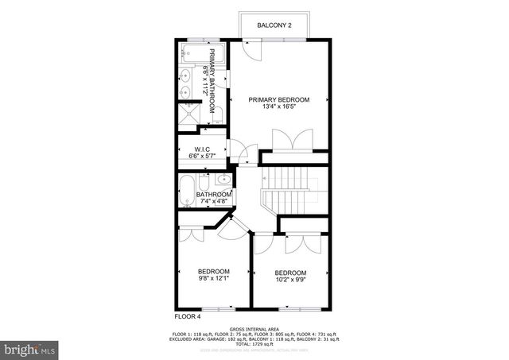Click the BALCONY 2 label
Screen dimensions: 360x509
coord(274,26)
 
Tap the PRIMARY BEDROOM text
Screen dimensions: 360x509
coord(278,100)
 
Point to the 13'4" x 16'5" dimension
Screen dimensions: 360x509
coord(278,108)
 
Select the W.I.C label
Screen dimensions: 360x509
coord(201,149)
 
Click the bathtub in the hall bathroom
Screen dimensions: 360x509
coord(186,193)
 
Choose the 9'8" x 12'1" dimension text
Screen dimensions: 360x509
coord(213,278)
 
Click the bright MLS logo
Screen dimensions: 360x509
coord(29,348)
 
